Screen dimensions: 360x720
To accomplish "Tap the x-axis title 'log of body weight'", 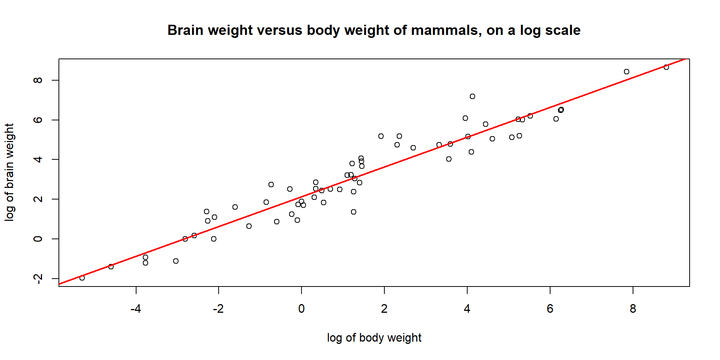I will (374, 338).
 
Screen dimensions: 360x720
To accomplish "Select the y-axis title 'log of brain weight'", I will (9, 172).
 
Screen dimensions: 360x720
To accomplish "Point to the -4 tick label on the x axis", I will (135, 309).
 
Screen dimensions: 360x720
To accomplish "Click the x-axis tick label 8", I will (633, 309).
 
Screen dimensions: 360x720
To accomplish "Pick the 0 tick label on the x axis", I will (301, 309).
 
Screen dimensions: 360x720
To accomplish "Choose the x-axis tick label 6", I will (550, 309).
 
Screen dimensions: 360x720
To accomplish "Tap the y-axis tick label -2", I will (38, 279).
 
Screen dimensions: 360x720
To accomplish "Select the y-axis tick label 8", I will (38, 80).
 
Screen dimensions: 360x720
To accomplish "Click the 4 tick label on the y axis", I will (38, 159).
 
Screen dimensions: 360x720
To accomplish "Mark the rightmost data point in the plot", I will (666, 67).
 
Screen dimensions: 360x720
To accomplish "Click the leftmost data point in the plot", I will (82, 278).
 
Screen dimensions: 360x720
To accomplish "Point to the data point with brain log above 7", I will (472, 96).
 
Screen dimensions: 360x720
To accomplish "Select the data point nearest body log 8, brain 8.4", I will (627, 72).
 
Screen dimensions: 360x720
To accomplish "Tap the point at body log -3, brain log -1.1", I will (176, 261).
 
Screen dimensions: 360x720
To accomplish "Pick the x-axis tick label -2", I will (218, 309).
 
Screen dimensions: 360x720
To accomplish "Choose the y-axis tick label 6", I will (38, 120).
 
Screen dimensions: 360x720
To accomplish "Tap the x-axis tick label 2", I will (384, 309).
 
